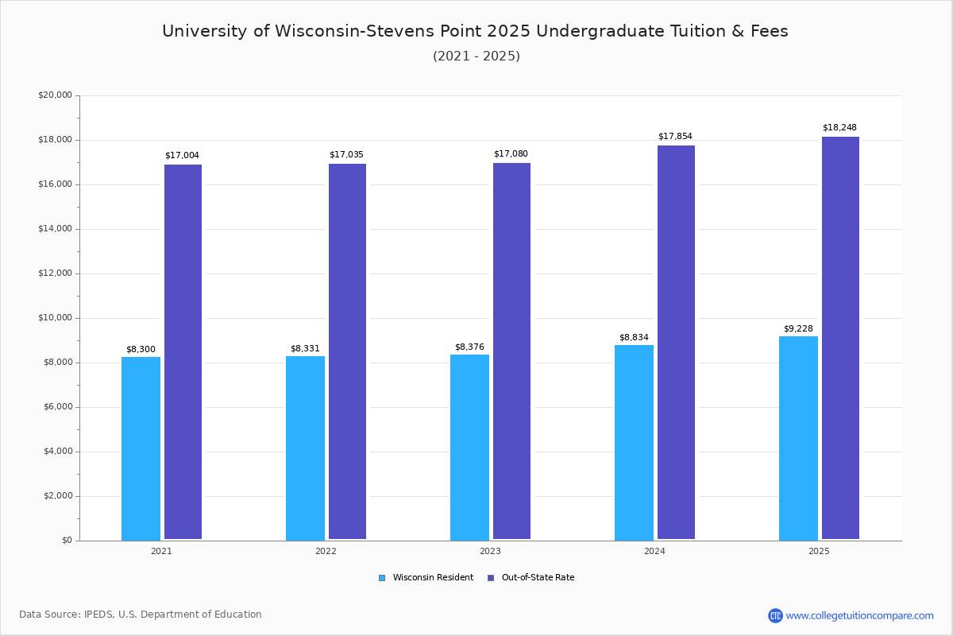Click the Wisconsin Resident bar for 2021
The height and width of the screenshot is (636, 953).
(141, 448)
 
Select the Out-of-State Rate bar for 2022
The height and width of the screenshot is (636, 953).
(347, 351)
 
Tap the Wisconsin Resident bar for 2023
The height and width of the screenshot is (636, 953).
(469, 447)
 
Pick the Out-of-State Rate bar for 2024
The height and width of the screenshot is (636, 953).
(676, 342)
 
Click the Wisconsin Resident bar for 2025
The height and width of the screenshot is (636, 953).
(798, 438)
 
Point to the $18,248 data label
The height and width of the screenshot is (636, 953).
(839, 128)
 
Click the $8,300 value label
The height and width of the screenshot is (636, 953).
(141, 350)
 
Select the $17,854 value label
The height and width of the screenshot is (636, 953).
(675, 137)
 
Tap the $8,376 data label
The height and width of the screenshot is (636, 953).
(469, 347)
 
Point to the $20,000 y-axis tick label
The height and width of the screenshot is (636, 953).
(55, 95)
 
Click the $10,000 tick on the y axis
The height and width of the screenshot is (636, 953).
(55, 318)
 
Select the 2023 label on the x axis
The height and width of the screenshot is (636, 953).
(490, 551)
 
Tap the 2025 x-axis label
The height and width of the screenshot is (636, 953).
(819, 551)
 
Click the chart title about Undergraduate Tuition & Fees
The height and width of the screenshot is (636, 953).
(475, 31)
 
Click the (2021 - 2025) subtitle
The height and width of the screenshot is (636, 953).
(476, 56)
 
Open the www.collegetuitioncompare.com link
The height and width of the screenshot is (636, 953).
(859, 615)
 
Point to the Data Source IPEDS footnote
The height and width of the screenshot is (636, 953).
(141, 615)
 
